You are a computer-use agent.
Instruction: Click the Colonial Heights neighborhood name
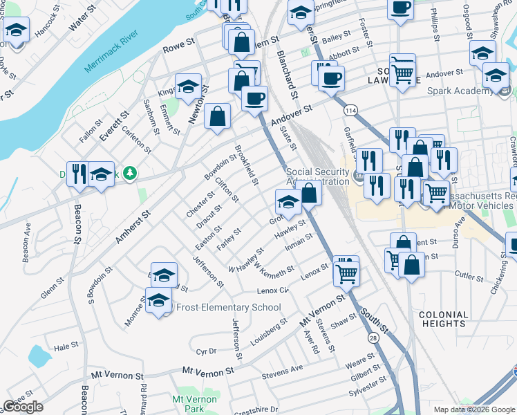pos(443,319)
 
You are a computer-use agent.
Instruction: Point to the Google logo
pos(23,406)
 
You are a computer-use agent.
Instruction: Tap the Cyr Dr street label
pos(207,351)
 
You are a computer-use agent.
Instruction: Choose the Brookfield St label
pos(245,166)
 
